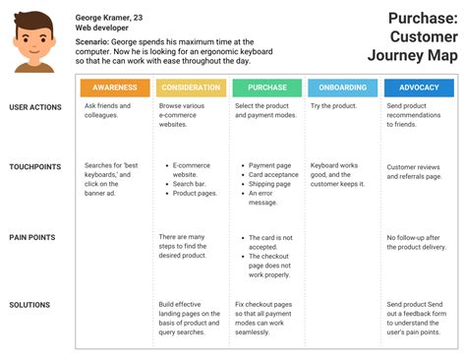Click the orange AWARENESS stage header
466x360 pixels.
[115, 87]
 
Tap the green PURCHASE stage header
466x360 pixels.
[267, 87]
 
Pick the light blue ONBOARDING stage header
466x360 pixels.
[343, 87]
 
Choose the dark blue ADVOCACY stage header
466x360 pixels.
[419, 87]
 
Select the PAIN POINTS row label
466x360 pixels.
[31, 237]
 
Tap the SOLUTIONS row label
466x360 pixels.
[29, 305]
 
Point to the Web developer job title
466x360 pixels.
[102, 30]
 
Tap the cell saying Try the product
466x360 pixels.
[334, 105]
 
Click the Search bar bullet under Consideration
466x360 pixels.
[189, 184]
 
